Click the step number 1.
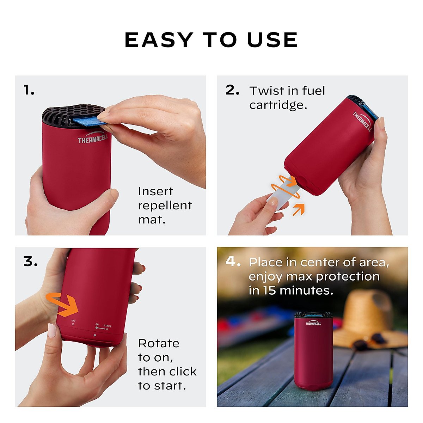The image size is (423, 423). (29, 91)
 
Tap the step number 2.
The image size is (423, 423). (232, 90)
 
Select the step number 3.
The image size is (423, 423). (31, 262)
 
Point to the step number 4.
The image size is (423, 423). (233, 262)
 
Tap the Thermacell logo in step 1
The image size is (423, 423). (92, 138)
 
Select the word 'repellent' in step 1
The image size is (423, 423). (165, 206)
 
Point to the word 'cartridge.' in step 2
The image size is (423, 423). (278, 105)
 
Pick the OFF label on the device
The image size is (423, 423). (73, 321)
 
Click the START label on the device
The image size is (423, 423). (108, 326)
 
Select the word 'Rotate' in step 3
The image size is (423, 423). (159, 343)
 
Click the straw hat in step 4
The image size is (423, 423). (368, 317)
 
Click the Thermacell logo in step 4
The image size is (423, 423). (313, 323)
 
